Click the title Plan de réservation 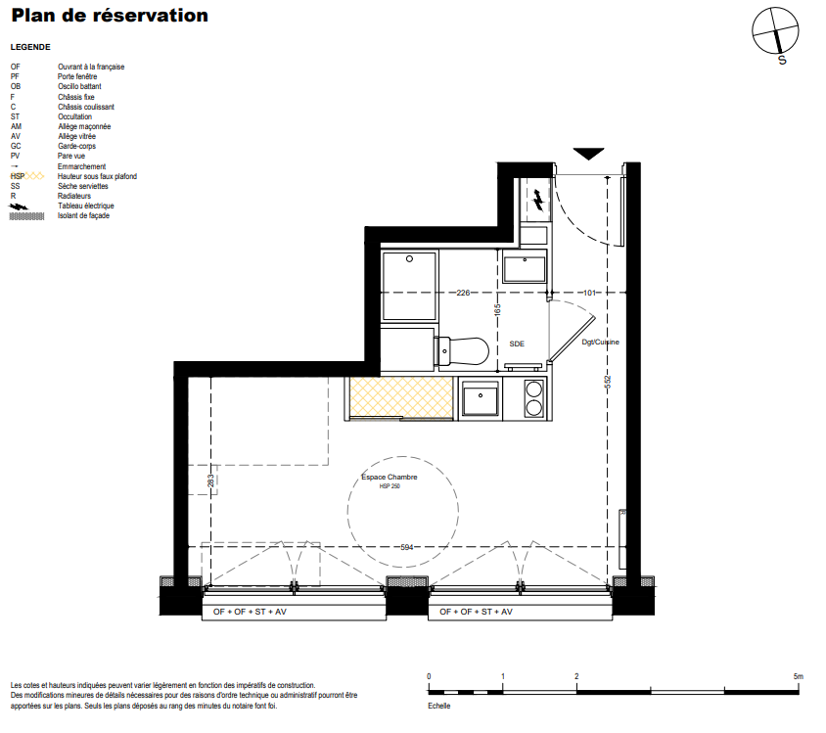[110, 16]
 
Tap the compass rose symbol [775, 31]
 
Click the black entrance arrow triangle [588, 154]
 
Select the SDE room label [517, 344]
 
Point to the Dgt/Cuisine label [600, 342]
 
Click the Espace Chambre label [390, 477]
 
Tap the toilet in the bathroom [462, 350]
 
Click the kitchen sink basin [481, 398]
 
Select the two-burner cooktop [533, 398]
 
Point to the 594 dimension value [407, 547]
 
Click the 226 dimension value [463, 293]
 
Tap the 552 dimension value [608, 382]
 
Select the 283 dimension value [210, 481]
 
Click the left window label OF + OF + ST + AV [250, 612]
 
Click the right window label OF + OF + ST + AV [477, 612]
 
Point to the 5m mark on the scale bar [798, 676]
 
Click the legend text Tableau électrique [86, 206]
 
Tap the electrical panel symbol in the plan [538, 201]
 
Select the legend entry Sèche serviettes [83, 186]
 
